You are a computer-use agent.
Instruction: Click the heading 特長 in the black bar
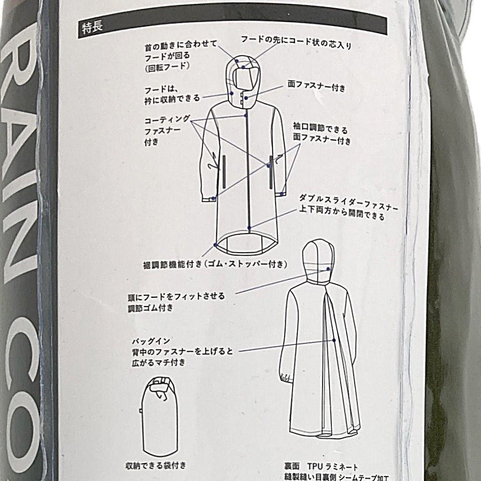pyautogui.click(x=92, y=28)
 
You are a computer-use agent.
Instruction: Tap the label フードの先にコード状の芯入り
pyautogui.click(x=296, y=42)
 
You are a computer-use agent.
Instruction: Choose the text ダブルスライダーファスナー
pyautogui.click(x=349, y=203)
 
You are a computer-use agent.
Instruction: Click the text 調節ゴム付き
pyautogui.click(x=151, y=308)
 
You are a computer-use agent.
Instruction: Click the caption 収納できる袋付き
pyautogui.click(x=156, y=465)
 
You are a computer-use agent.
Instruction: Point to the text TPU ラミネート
pyautogui.click(x=332, y=466)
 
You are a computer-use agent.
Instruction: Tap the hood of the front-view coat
pyautogui.click(x=243, y=81)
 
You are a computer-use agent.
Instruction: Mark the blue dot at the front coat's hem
pyautogui.click(x=216, y=245)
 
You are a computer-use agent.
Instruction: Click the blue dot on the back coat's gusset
pyautogui.click(x=334, y=340)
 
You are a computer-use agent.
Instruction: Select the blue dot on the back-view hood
pyautogui.click(x=328, y=269)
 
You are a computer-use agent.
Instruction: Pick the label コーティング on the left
pyautogui.click(x=167, y=120)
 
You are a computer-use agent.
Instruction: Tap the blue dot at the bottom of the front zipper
pyautogui.click(x=249, y=228)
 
